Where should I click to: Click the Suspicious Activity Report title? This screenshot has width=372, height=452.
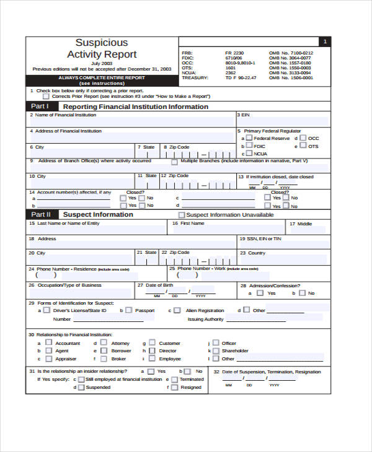[x=101, y=48]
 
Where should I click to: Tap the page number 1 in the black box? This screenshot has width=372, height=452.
[x=324, y=41]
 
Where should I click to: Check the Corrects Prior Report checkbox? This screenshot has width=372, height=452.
[x=46, y=97]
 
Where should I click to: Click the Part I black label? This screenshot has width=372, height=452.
[x=40, y=106]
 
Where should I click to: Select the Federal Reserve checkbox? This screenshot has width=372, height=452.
[x=249, y=138]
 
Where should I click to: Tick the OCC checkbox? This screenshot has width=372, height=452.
[x=303, y=138]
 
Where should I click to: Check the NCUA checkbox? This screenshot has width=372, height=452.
[x=249, y=153]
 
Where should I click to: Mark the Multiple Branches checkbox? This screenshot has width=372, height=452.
[x=174, y=162]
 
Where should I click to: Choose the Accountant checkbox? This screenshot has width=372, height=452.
[x=47, y=342]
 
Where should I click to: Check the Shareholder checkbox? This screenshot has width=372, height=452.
[x=216, y=350]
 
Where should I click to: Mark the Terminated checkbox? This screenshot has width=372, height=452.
[x=174, y=379]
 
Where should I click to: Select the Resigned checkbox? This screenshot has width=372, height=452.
[x=174, y=388]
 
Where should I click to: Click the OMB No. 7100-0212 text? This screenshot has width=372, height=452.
[x=290, y=53]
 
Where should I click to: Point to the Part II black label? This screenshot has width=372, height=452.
[x=40, y=214]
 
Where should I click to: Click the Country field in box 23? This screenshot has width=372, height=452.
[x=283, y=259]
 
